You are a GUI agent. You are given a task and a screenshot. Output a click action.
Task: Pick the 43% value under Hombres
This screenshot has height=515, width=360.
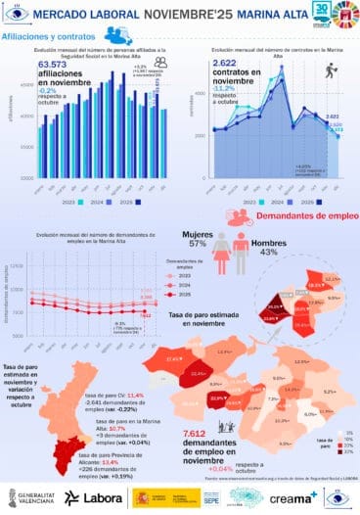point(268,252)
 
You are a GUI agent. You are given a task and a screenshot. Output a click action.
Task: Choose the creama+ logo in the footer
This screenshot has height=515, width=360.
point(293,497)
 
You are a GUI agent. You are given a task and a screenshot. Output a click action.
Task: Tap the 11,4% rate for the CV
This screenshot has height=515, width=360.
point(135,395)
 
